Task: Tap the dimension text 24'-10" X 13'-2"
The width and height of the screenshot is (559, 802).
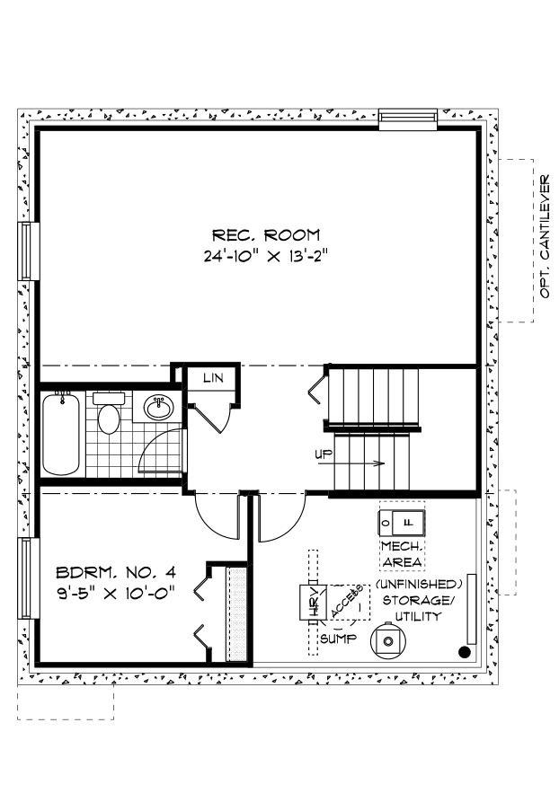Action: (263, 255)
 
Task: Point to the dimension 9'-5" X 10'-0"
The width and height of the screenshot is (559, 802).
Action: (114, 592)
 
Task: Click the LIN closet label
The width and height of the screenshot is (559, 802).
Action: (212, 378)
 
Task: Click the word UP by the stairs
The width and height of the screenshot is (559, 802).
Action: (323, 454)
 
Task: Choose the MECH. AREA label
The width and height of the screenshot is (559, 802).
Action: (402, 554)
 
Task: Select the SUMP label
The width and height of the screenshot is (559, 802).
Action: (337, 639)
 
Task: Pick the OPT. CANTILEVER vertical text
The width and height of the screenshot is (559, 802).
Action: (545, 238)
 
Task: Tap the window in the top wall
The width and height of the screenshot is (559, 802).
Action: (407, 119)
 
